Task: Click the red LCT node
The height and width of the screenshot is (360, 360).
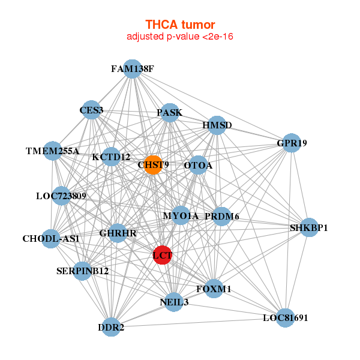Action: point(162,254)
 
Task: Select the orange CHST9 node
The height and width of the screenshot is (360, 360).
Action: point(153,164)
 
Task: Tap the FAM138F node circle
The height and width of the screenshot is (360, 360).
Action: point(133,69)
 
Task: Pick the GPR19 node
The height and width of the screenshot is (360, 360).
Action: point(291,143)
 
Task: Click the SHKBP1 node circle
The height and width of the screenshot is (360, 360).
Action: point(309,227)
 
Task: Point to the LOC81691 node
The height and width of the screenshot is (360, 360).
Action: point(285,317)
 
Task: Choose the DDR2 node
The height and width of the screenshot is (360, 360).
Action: point(111,327)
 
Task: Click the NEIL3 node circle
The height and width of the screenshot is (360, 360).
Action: point(175,302)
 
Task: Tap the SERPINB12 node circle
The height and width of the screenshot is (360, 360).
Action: point(83,271)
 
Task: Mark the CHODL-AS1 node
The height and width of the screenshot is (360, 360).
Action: point(51,239)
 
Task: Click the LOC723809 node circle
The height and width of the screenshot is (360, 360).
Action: point(61,196)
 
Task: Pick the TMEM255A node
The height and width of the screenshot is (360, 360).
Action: point(53,151)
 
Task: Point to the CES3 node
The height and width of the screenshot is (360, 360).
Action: point(91,110)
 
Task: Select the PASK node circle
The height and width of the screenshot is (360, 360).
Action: point(170,112)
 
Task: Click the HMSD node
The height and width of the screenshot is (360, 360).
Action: point(217,125)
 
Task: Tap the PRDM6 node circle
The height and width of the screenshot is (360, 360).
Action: point(222,216)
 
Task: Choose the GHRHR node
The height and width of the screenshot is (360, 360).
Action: point(118,232)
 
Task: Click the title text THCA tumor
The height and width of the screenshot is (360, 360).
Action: point(180,25)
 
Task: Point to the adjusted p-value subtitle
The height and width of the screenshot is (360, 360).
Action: point(180,37)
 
